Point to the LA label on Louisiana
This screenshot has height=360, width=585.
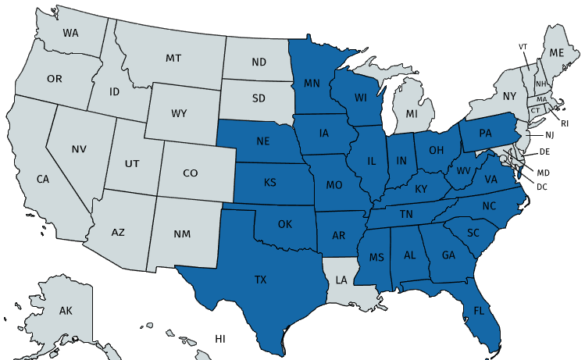[x=341, y=279]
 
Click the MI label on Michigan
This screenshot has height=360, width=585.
[x=412, y=115]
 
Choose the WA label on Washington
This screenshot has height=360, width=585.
[x=71, y=34]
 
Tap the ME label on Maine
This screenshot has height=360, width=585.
[x=557, y=52]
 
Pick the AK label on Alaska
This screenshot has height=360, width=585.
[x=66, y=311]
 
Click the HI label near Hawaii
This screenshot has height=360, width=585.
[x=220, y=338]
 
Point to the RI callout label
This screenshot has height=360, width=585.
[x=565, y=123]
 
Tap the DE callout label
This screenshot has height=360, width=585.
[x=544, y=151]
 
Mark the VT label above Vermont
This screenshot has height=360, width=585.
[x=523, y=47]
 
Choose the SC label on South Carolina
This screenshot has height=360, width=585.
[x=473, y=233]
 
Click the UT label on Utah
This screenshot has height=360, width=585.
[x=132, y=164]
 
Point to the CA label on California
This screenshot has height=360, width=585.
[x=43, y=179]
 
